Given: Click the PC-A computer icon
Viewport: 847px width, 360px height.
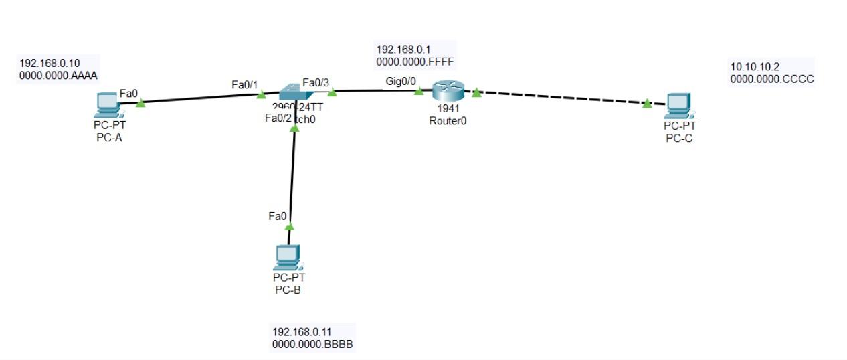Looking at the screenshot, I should pos(107,104).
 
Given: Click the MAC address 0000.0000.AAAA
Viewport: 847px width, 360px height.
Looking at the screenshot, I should pos(59,75).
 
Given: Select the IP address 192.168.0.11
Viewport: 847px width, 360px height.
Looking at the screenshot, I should pos(302,331).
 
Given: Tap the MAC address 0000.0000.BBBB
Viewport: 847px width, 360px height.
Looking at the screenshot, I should pos(312,344).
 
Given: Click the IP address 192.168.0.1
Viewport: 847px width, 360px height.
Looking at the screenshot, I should pos(403,49).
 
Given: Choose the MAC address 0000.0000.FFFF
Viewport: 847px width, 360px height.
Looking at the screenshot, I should pos(415,61).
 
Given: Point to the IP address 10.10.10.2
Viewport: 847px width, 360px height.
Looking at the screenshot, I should pos(755,66).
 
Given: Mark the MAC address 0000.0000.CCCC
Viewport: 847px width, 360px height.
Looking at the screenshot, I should pos(771,78).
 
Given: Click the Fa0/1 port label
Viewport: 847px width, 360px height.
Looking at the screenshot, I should pos(245,84).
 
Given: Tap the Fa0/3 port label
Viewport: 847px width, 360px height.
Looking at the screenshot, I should pos(316,82).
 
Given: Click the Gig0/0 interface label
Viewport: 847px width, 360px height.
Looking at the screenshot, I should pos(401,81).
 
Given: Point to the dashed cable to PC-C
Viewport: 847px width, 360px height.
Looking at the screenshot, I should pos(562,98).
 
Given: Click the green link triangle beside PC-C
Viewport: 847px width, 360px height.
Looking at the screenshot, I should pos(647,104).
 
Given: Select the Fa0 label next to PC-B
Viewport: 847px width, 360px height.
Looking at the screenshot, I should pos(277,216).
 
